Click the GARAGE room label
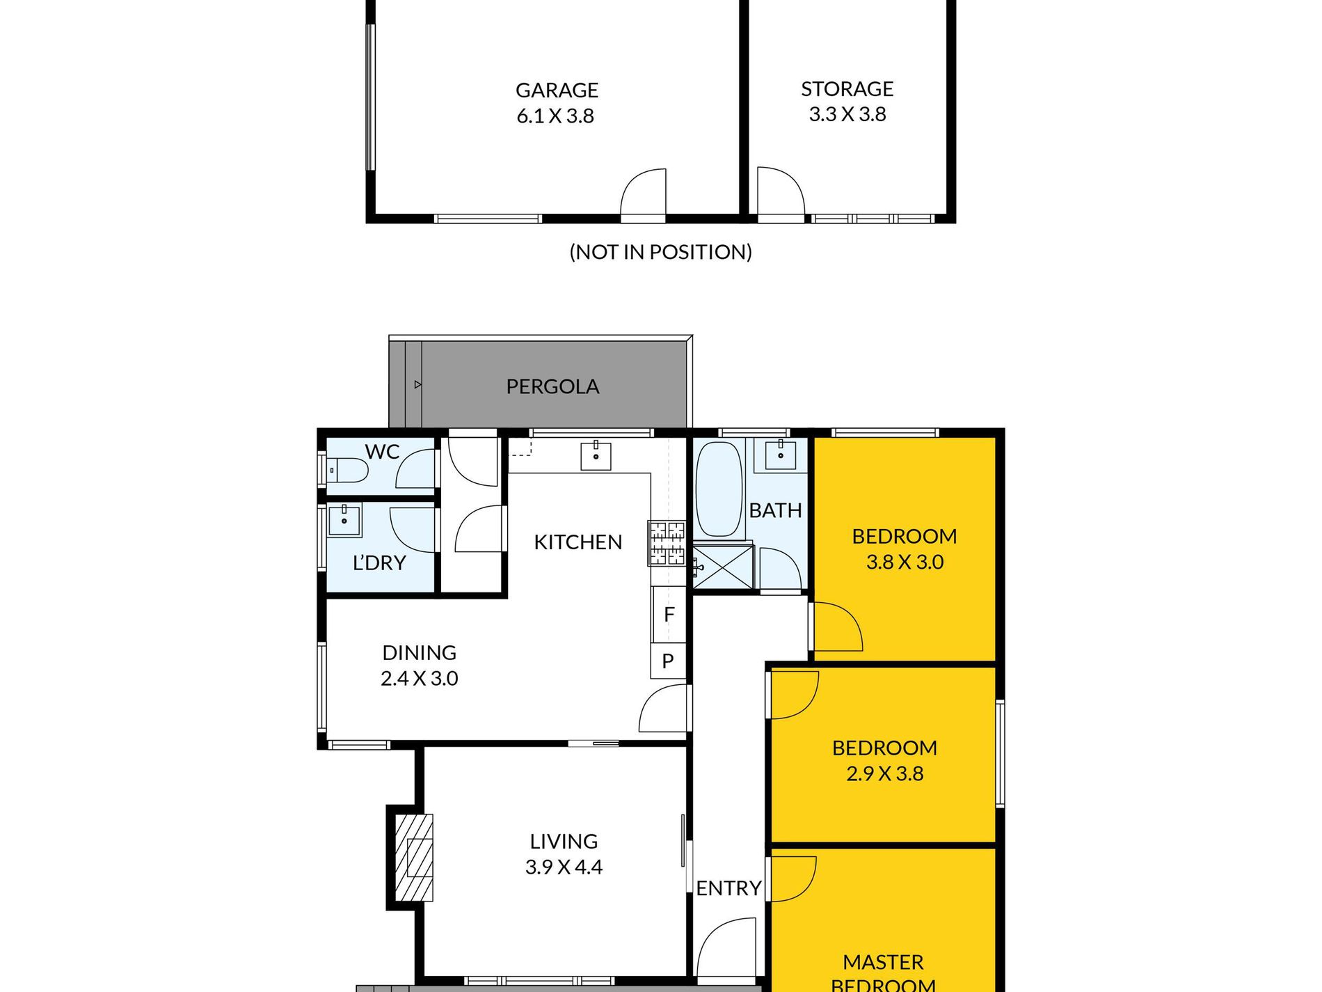pos(557,90)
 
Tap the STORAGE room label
pos(847,89)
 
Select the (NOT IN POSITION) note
pos(660,252)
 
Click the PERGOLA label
pos(552,387)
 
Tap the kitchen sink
pos(596,455)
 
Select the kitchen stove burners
pos(667,542)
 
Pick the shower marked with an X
pos(723,567)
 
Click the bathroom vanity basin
pos(781,455)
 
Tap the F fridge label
pos(669,615)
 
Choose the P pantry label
pos(668,661)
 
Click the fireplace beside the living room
pos(414,858)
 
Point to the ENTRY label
pos(728,888)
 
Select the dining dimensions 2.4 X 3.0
pos(420,679)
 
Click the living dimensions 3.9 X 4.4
pos(564,867)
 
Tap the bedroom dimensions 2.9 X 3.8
pos(885,774)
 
